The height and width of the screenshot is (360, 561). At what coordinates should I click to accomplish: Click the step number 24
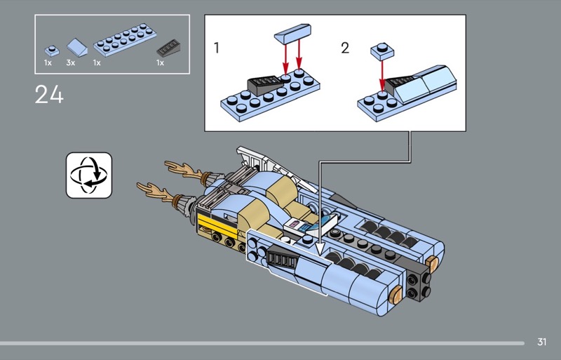point(49,94)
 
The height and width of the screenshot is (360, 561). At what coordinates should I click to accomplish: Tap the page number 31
point(541,342)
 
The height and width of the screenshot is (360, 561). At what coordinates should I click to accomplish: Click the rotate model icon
point(89,174)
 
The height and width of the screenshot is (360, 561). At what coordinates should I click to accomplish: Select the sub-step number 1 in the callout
point(217,48)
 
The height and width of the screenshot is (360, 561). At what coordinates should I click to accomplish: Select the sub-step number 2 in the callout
point(344,48)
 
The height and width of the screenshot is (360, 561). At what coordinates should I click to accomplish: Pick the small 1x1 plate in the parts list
point(50,50)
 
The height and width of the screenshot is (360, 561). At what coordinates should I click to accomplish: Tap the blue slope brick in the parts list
point(76,48)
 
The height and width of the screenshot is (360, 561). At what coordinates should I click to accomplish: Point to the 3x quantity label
point(70,63)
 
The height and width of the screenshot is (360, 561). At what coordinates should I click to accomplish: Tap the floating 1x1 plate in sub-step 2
point(381,51)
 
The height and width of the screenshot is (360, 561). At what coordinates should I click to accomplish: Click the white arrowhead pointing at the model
point(320,246)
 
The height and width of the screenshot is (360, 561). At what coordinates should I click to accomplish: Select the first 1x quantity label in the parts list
point(48,63)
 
